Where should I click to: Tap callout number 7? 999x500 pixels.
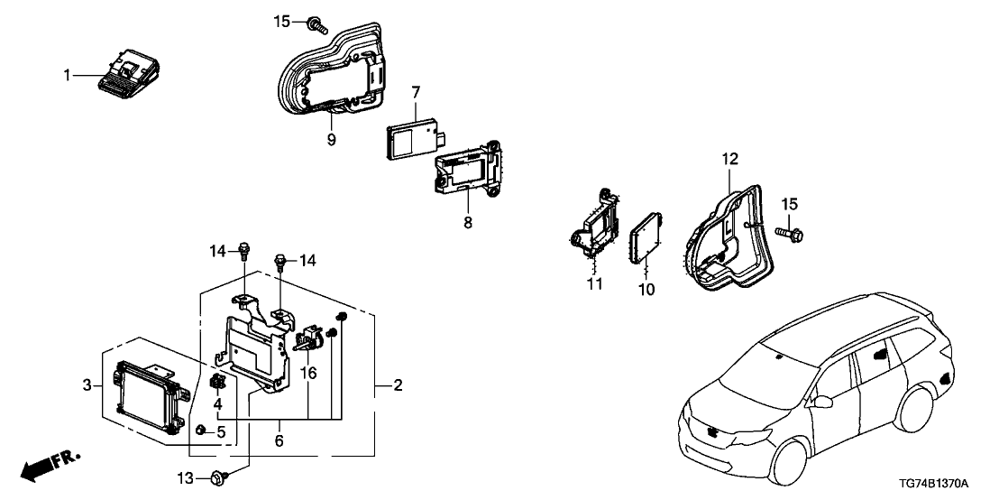tap(416, 92)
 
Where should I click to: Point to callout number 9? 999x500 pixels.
tap(332, 140)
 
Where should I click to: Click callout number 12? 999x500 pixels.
tap(729, 160)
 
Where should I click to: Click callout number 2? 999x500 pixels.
tap(399, 386)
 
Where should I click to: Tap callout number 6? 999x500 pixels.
tap(279, 440)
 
